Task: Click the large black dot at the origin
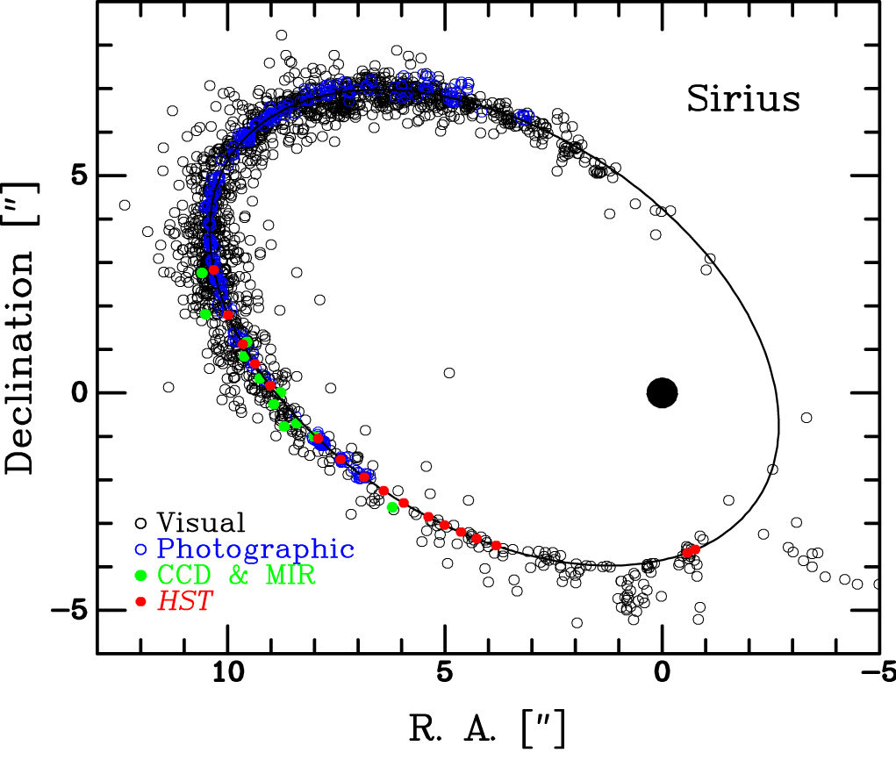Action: click(663, 392)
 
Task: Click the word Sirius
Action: click(742, 99)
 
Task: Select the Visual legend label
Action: click(201, 524)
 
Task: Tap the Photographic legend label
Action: click(255, 550)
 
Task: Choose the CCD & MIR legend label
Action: click(236, 576)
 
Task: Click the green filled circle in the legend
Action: click(140, 576)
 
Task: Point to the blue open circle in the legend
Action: click(140, 549)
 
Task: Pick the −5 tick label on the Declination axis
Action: click(72, 610)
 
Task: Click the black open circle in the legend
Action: click(140, 524)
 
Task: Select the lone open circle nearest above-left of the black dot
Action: click(449, 373)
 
